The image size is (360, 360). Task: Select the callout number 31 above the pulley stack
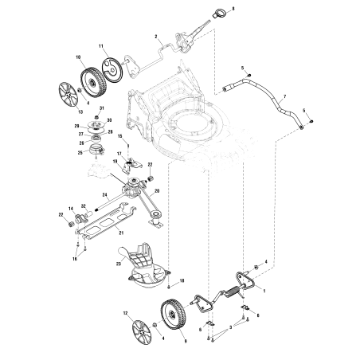point(101,108)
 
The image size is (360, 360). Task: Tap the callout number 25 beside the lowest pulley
point(80,152)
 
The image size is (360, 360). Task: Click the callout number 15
point(119,137)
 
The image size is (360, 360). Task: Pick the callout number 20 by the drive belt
point(157,191)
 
